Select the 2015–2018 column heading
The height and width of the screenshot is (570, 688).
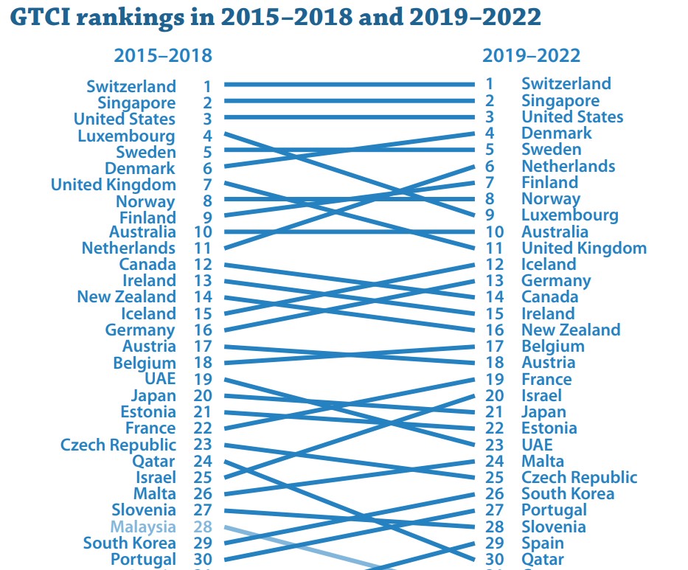coord(162,55)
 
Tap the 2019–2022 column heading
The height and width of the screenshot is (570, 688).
coord(531,55)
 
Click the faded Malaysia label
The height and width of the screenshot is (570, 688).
coord(143,526)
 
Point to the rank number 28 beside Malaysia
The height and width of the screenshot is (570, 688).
coord(203,526)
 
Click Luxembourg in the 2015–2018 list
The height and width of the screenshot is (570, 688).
coord(126,136)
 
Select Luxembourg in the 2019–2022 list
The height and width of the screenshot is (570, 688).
coord(570,215)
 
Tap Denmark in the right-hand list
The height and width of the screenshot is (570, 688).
coord(556,133)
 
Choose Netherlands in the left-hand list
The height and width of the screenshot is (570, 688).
coord(128,248)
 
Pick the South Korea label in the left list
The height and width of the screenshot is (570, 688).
coord(129,543)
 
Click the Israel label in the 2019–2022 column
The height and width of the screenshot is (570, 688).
coord(541,396)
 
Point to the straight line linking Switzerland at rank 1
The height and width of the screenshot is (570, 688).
coord(350,85)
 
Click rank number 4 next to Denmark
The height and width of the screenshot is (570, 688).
coord(490,133)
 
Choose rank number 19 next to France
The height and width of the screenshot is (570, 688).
coord(494,380)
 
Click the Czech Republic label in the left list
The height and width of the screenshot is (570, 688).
coord(118,445)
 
